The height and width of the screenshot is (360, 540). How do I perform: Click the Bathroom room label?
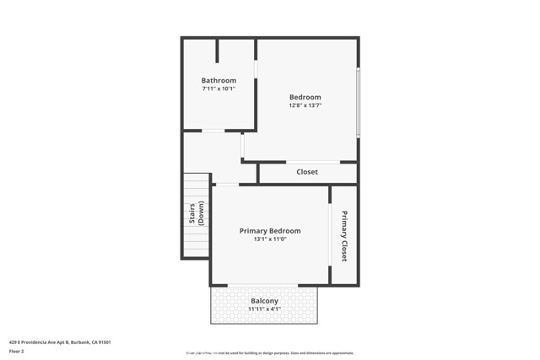[219, 81]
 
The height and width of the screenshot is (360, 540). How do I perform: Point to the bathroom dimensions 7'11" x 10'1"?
[219, 89]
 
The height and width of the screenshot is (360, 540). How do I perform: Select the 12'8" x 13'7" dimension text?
[305, 105]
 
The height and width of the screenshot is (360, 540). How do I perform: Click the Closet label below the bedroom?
[307, 172]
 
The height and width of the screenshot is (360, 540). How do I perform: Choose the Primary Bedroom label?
[270, 231]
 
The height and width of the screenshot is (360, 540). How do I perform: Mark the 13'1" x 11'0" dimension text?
[270, 239]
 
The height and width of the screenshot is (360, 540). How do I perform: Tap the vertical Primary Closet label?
[344, 235]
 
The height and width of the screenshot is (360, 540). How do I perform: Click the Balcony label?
[264, 301]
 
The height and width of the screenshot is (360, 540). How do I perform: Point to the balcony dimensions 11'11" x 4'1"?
[264, 309]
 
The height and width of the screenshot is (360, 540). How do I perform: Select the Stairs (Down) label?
[196, 215]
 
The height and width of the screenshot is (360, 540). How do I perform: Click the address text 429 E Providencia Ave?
[60, 342]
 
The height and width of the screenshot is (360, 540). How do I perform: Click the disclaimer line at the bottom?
[269, 353]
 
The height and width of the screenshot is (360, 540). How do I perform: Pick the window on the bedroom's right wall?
[358, 102]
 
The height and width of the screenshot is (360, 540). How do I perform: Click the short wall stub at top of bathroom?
[218, 51]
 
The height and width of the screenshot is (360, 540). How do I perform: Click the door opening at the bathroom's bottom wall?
[212, 131]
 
